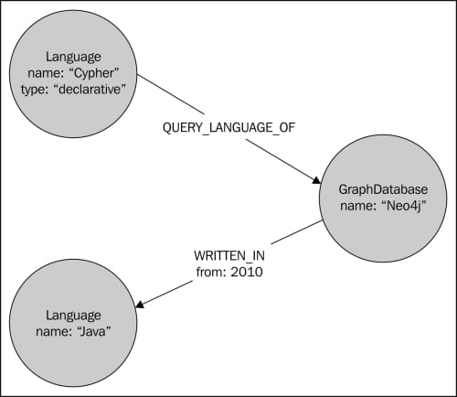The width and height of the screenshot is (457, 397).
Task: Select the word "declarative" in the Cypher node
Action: pos(91,90)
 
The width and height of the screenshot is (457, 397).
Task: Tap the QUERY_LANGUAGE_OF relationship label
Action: pos(228,127)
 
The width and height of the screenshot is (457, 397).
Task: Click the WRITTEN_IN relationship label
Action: pos(229,255)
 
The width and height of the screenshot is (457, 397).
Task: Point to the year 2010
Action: pos(247,272)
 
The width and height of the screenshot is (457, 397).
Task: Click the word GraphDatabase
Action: pos(383,189)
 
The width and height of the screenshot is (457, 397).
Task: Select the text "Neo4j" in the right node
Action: pos(404,206)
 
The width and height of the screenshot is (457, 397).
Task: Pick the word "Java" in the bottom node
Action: pos(93,331)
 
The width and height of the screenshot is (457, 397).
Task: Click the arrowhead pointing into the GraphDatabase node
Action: pos(316,180)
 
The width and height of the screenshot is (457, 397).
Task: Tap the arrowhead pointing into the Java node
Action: pos(140,304)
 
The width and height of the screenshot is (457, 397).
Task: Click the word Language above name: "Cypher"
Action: pos(73,58)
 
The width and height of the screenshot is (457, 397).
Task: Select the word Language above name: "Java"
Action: pos(73,316)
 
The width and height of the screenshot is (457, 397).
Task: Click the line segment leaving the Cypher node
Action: pos(170,94)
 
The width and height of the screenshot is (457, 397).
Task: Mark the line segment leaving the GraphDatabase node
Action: pos(297,232)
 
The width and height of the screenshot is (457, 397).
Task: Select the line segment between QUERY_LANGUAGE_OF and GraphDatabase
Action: pos(282,161)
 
